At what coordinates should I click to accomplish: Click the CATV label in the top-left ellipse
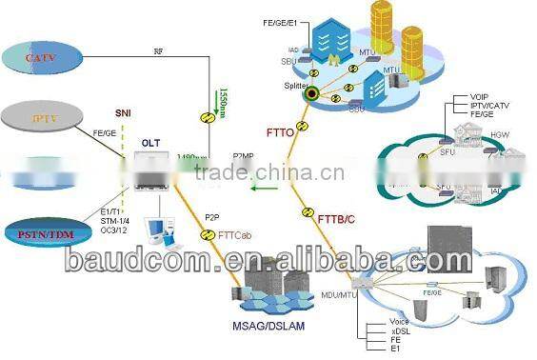pos(41,59)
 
